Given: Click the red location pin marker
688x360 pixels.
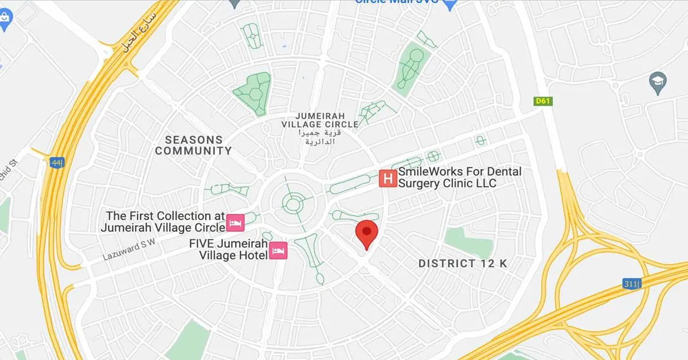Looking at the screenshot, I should tap(366, 232).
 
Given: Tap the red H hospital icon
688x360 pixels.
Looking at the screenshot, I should tap(388, 178).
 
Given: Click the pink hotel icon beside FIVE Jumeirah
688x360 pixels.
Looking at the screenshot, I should tap(279, 251).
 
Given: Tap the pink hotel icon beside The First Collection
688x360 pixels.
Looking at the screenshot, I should tap(235, 221).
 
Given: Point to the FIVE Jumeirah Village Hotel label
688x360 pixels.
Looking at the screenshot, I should tap(229, 249).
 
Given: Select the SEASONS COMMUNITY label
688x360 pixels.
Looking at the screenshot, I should tap(193, 146).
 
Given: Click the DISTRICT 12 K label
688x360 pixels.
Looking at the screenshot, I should tap(463, 263).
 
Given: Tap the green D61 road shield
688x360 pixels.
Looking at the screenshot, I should tap(542, 101).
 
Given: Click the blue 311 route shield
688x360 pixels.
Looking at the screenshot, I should tap(631, 283).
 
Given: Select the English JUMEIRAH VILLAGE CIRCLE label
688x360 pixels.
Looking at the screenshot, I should tap(319, 119).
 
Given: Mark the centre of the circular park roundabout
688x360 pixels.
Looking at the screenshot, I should tap(293, 203).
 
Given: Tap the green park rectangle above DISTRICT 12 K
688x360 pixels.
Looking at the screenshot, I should tap(468, 241).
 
